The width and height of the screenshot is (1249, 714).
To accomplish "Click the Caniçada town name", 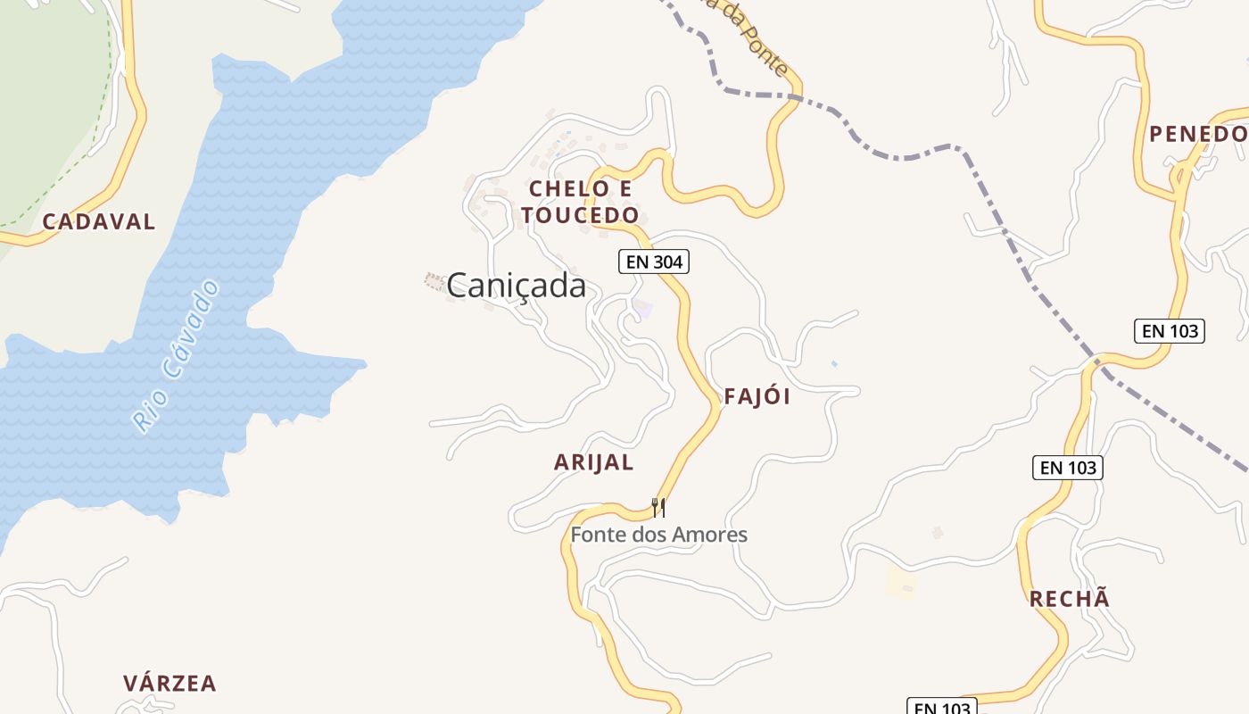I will (x=517, y=286).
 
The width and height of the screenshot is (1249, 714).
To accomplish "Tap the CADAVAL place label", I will (x=99, y=221).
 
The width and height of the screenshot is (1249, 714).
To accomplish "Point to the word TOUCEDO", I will (x=581, y=215).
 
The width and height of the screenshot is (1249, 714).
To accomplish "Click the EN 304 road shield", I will (x=654, y=262).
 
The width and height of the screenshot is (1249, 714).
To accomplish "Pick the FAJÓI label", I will (x=757, y=397).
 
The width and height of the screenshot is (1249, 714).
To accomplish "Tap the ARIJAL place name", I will (x=593, y=462).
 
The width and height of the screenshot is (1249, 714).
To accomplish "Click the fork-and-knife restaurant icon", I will (x=658, y=508).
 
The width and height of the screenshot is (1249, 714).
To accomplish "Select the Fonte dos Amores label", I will (x=658, y=535).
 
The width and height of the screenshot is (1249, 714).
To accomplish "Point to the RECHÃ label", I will (x=1070, y=599).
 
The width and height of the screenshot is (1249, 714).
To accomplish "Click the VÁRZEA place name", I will (x=170, y=684).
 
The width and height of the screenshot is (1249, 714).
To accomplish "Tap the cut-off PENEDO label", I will (x=1198, y=134).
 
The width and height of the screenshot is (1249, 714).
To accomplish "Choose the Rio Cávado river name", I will (x=176, y=356).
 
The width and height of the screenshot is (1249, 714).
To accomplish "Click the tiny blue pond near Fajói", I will (x=834, y=364).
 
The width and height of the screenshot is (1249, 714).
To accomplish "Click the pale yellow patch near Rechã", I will (x=902, y=583).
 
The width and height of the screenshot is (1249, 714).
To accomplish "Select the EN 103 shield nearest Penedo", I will (x=1170, y=331).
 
